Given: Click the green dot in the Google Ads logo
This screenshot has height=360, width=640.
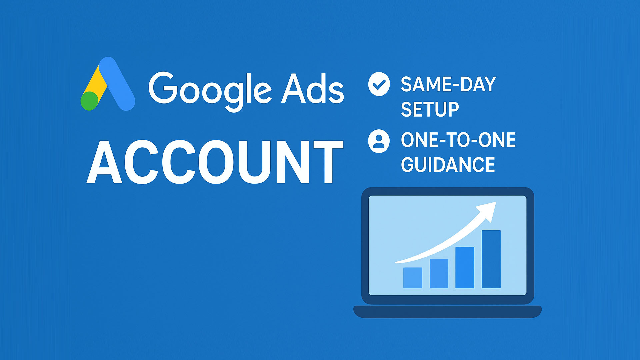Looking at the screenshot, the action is [x=90, y=101].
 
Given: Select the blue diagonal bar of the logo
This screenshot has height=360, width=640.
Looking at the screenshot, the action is [x=117, y=83].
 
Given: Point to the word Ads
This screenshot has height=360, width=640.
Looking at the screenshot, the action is [x=313, y=88].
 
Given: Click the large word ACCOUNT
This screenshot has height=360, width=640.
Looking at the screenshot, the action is [x=215, y=162].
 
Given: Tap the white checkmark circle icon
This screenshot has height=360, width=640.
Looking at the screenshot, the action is [x=379, y=84].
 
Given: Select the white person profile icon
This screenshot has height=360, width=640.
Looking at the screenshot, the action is [x=379, y=141].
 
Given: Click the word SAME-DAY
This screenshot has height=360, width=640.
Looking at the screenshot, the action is [x=448, y=84].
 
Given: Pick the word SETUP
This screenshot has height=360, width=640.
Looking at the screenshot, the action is [x=430, y=109].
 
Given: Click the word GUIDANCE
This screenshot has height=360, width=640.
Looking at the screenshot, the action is [x=448, y=165].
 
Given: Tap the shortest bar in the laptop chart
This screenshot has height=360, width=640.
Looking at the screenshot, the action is [x=413, y=278].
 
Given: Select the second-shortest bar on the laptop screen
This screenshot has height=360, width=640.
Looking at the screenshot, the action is [x=439, y=273].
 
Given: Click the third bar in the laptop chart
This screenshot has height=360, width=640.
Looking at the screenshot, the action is [x=465, y=267].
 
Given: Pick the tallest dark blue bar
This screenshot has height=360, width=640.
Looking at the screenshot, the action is [x=491, y=259].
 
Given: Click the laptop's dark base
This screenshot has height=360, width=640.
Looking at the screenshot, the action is [x=447, y=311].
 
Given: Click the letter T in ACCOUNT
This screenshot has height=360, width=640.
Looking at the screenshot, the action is [x=328, y=162].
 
